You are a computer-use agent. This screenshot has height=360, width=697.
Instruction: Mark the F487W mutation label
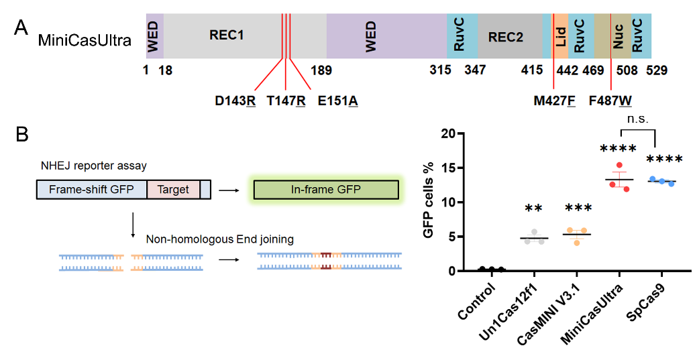[610, 101]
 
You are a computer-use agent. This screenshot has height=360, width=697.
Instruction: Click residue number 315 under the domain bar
[440, 70]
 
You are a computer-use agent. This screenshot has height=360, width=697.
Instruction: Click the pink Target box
[173, 190]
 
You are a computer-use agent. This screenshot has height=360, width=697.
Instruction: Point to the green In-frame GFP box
[325, 190]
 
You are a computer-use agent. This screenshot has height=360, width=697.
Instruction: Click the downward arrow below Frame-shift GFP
[133, 224]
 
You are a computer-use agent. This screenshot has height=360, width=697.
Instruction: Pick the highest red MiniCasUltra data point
[619, 166]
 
